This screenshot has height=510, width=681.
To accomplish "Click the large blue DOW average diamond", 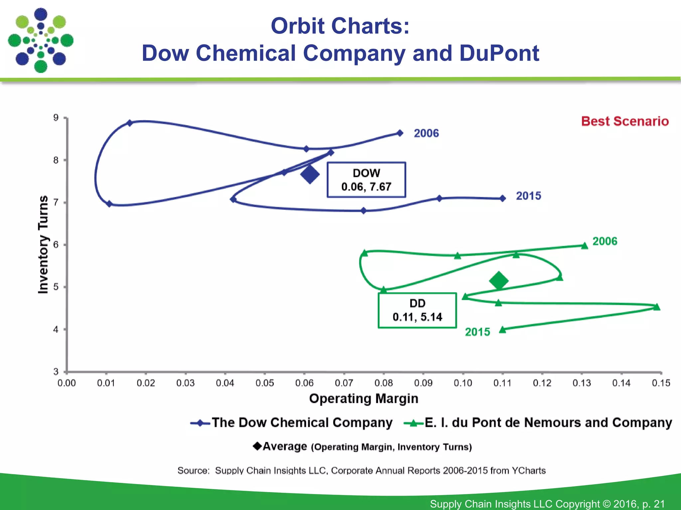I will pyautogui.click(x=310, y=174).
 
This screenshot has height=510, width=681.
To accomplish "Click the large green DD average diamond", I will pyautogui.click(x=499, y=281).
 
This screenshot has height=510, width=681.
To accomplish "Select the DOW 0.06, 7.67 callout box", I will pyautogui.click(x=366, y=180).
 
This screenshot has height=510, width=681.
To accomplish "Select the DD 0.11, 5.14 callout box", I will pyautogui.click(x=417, y=310).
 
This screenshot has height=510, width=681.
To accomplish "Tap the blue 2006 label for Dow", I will pyautogui.click(x=426, y=133).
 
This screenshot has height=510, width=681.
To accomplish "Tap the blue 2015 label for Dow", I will pyautogui.click(x=528, y=196).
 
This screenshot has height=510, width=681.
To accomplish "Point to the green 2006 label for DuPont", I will pyautogui.click(x=605, y=241).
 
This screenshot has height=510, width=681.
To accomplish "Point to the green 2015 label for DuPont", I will pyautogui.click(x=477, y=332).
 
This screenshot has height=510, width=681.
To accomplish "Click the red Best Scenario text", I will pyautogui.click(x=625, y=121).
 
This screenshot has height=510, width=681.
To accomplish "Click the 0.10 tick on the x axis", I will pyautogui.click(x=463, y=383).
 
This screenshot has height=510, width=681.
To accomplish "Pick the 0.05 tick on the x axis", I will pyautogui.click(x=265, y=383).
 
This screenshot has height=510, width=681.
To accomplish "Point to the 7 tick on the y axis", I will pyautogui.click(x=56, y=202).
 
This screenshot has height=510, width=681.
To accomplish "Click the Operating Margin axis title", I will pyautogui.click(x=363, y=398).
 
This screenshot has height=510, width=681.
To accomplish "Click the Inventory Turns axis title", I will pyautogui.click(x=43, y=244).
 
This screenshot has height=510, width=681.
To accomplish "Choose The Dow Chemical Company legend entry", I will pyautogui.click(x=292, y=423).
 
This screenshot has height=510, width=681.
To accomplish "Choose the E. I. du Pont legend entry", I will pyautogui.click(x=538, y=423).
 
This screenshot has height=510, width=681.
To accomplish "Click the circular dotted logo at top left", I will pyautogui.click(x=41, y=41).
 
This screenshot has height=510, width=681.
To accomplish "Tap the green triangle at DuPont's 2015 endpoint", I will pyautogui.click(x=503, y=329).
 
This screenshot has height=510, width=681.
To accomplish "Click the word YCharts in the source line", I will pyautogui.click(x=529, y=470).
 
